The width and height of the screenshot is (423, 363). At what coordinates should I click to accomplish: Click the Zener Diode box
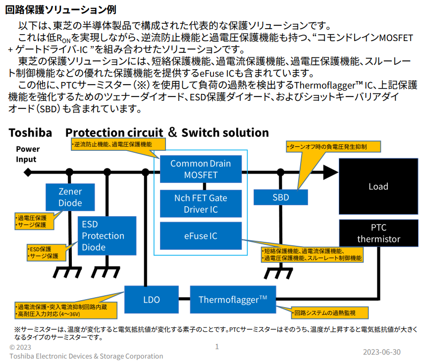[x=70, y=197]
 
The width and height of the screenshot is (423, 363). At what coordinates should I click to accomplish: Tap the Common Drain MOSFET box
[x=201, y=169]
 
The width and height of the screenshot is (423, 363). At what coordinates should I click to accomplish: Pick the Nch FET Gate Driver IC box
[x=201, y=204]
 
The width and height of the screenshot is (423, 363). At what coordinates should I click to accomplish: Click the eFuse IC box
[x=201, y=236]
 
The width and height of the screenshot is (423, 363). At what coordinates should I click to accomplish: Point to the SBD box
[x=281, y=197]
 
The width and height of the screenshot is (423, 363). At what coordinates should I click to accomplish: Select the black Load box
[x=378, y=186]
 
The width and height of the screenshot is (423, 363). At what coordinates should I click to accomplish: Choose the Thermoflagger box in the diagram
[x=233, y=299]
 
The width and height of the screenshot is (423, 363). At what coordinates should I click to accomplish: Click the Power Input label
[x=27, y=154]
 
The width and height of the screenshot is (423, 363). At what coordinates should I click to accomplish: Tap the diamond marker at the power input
[x=28, y=172]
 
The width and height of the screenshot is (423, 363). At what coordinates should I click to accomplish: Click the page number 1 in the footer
[x=216, y=347]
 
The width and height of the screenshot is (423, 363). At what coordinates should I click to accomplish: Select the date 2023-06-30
[x=381, y=352]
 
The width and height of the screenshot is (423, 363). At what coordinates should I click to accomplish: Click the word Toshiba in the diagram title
[x=30, y=133]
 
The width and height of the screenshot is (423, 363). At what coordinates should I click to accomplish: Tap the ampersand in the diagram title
[x=172, y=132]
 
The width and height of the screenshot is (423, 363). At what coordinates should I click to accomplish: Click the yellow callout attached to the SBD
[x=333, y=147]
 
